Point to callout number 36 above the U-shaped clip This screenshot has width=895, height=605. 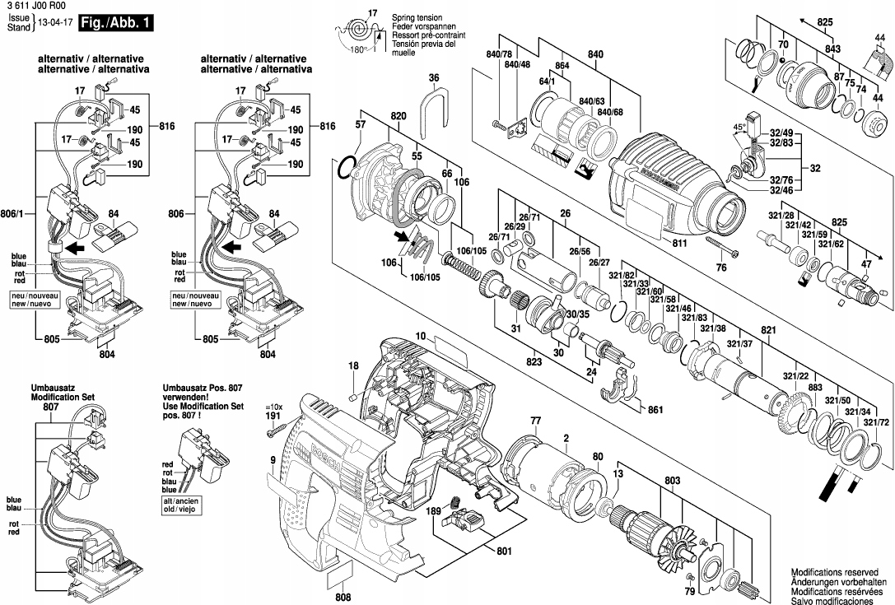point(434,78)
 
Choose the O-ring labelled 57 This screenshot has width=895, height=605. point(349,169)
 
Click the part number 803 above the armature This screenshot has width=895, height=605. point(673,480)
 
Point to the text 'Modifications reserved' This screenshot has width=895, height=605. point(833,571)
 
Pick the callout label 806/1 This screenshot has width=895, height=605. point(18,214)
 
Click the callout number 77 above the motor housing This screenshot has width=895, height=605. point(535,421)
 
